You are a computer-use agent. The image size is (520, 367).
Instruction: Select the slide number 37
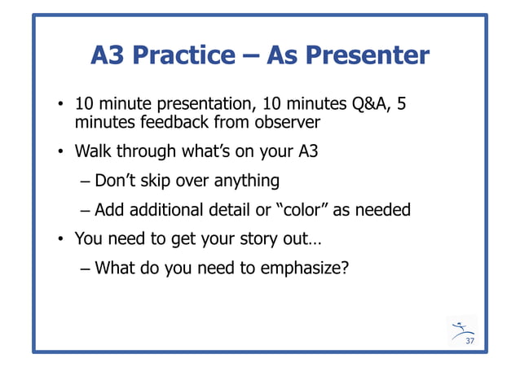point(469,340)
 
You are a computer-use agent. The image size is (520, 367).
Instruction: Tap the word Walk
point(93,151)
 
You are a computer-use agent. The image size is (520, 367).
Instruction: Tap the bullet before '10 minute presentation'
point(61,106)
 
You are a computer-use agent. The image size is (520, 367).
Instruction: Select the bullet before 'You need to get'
point(61,240)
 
